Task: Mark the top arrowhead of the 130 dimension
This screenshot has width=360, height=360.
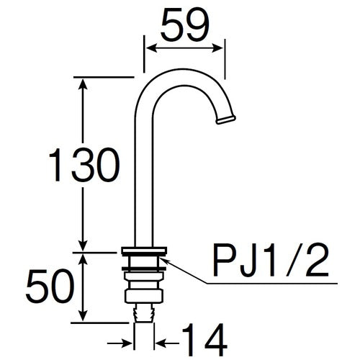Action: [x=84, y=84]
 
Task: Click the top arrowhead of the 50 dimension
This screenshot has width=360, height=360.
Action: [x=84, y=257]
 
